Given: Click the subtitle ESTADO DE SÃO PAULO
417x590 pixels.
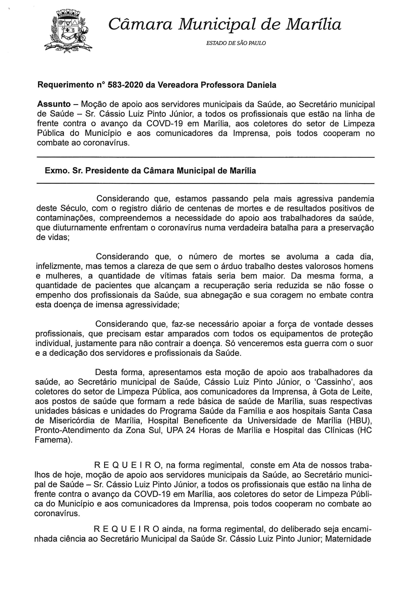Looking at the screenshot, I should pos(236,43).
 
